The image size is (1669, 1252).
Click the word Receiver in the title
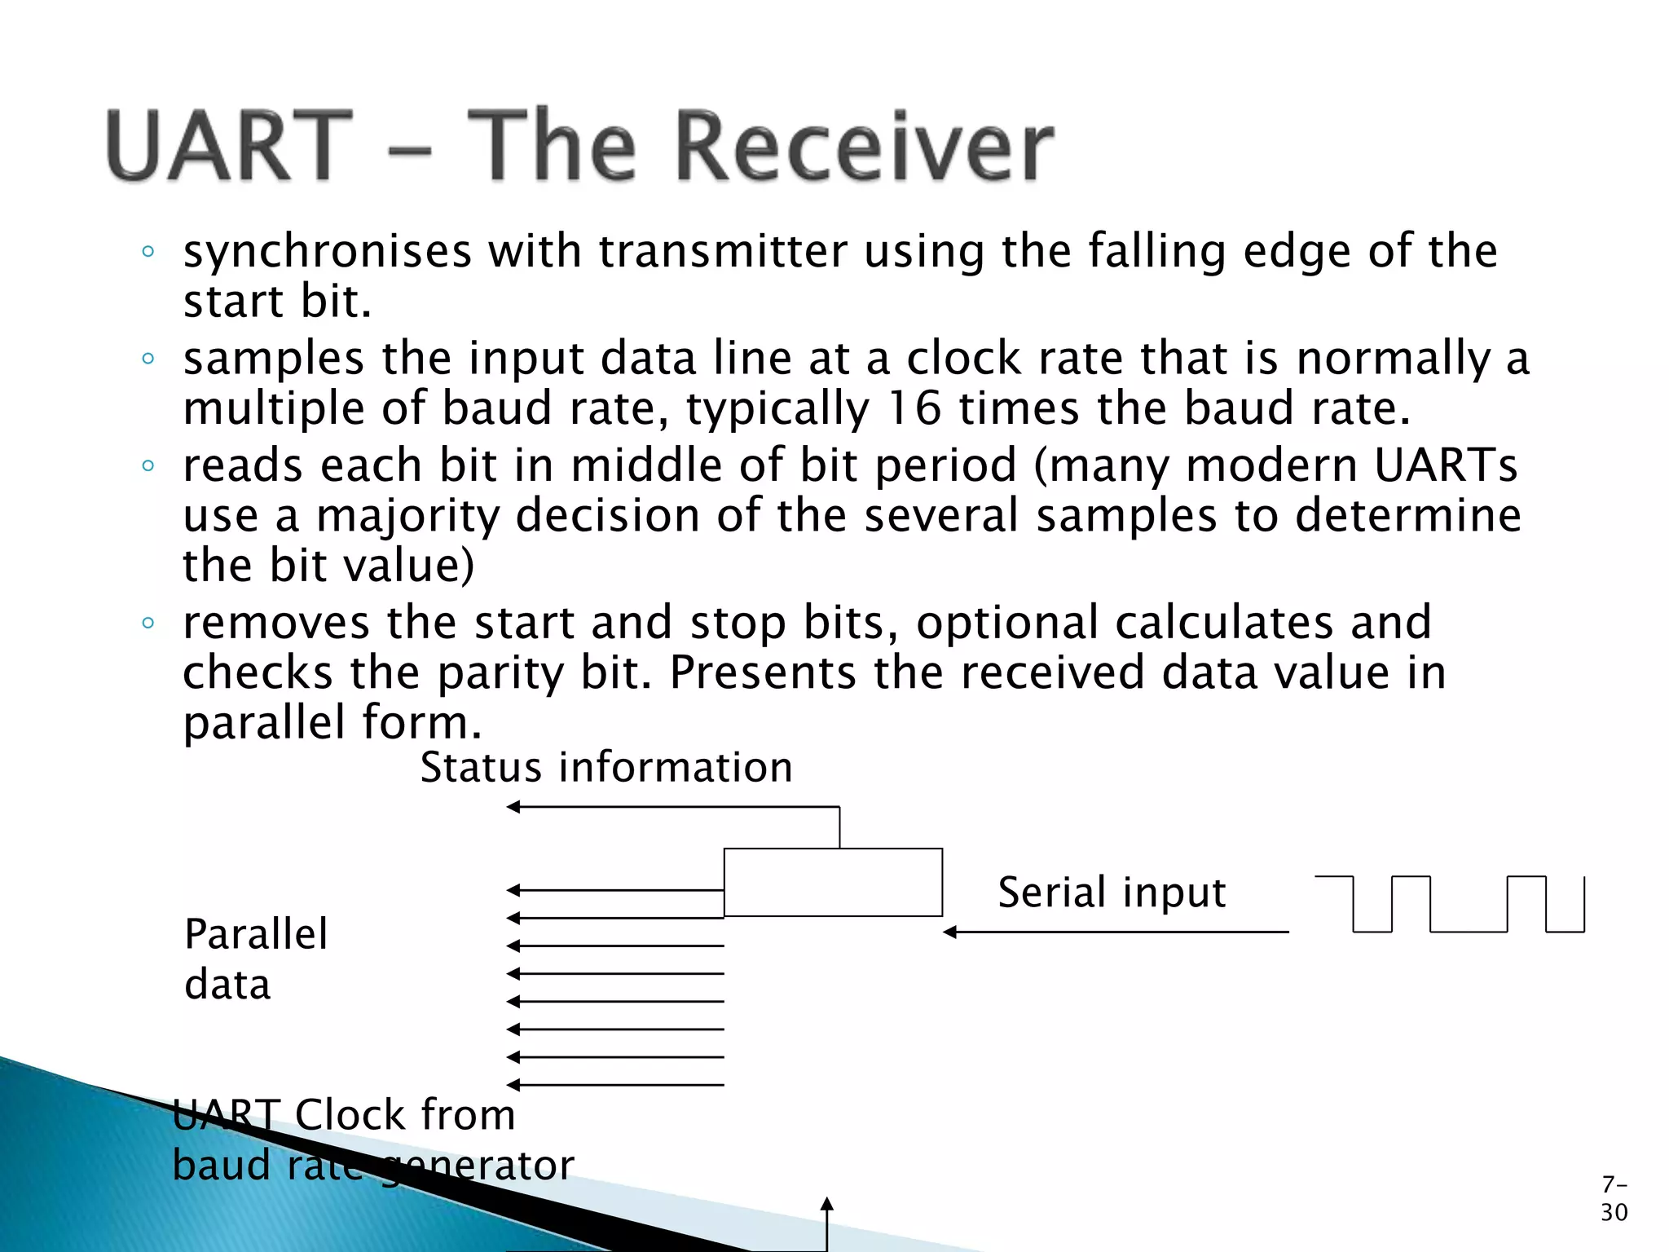865,147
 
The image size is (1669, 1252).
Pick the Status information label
606,768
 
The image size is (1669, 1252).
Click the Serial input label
1112,892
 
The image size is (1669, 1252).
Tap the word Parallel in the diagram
256,934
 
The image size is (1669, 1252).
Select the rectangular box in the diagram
833,882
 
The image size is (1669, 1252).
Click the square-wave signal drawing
1451,904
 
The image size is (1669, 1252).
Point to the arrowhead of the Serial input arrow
949,932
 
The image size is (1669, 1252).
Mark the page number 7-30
1614,1198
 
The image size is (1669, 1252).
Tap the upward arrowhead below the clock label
827,1204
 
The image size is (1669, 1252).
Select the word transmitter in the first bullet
723,251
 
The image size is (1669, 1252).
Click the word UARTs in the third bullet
1445,465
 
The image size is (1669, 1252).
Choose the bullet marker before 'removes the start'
148,624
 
